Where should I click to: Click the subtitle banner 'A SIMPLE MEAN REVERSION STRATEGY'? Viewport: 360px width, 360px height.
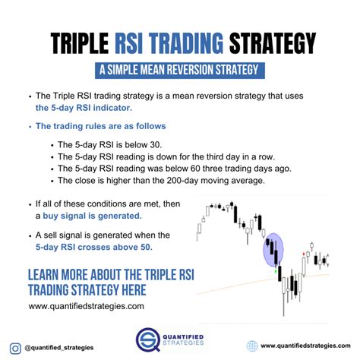(x=180, y=71)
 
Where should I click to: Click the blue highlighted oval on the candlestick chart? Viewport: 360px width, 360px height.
(x=273, y=251)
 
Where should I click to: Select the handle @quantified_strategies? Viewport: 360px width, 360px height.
(x=59, y=347)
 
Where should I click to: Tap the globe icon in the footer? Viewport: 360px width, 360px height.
(x=252, y=346)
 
